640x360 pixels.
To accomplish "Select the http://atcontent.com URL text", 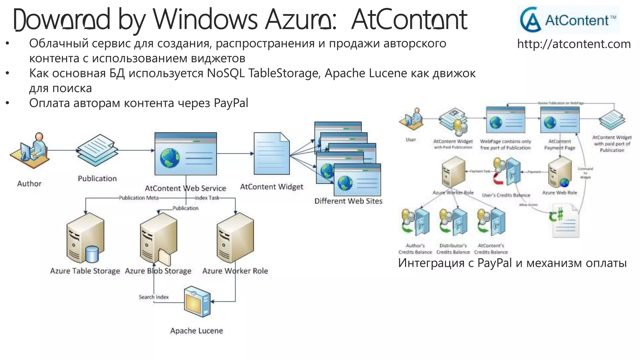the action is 574,44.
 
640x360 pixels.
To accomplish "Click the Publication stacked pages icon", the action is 97,150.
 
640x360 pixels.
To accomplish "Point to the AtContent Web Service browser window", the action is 186,154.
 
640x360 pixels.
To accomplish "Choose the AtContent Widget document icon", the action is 272,154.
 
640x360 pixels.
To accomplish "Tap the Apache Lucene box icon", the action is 197,302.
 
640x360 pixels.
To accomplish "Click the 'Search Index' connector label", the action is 154,297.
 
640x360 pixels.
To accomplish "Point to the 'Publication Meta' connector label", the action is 139,198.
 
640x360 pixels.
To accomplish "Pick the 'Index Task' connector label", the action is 207,198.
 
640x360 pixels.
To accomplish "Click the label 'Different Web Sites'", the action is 348,201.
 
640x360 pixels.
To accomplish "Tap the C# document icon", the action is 564,220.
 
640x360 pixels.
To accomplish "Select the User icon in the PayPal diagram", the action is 411,118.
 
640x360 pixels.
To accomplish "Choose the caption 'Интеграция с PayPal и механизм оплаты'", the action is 512,263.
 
